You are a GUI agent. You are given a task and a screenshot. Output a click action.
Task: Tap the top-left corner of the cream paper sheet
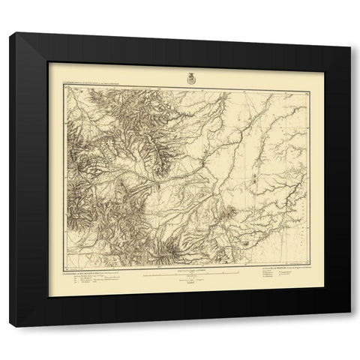coord(49,63)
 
